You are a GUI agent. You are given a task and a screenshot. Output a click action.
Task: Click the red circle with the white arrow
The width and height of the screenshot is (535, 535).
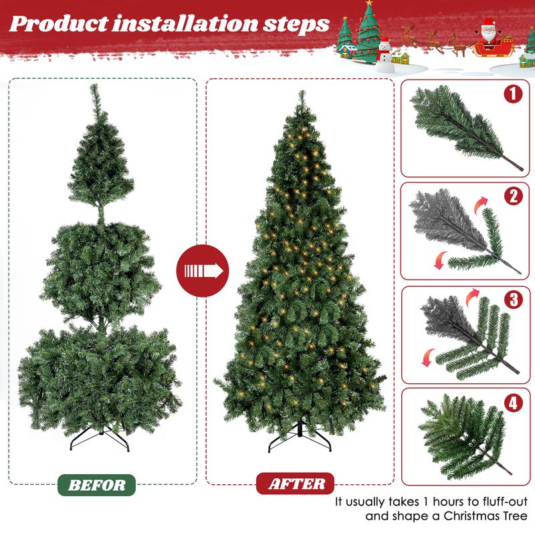pos(203,271)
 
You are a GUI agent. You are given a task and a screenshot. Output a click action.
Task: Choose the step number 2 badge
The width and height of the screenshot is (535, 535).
pos(513,196)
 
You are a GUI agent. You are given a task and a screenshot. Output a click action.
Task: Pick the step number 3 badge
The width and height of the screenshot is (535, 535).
pos(513,299)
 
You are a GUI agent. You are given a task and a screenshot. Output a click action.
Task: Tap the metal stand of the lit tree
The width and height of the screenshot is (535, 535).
pos(299,439)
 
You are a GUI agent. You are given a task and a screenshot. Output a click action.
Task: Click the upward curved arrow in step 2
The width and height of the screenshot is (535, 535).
pos(480,202)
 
